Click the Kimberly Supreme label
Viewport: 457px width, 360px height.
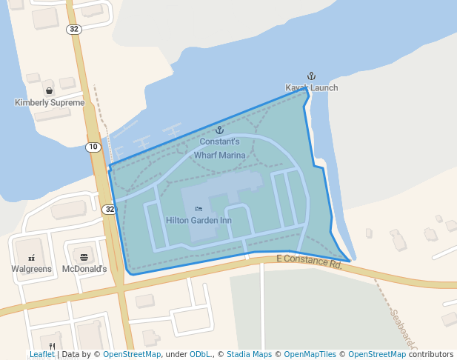pyautogui.click(x=50, y=102)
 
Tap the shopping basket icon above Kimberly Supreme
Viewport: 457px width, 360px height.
pyautogui.click(x=49, y=91)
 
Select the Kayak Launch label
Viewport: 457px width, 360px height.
pyautogui.click(x=312, y=87)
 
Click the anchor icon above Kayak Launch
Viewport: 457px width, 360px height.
pyautogui.click(x=312, y=76)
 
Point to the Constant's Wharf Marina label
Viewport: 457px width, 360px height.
pyautogui.click(x=219, y=148)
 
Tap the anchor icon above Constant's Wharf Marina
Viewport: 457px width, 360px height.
pyautogui.click(x=219, y=130)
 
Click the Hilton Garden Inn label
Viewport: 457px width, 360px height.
pyautogui.click(x=199, y=220)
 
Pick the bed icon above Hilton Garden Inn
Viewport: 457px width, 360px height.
pyautogui.click(x=198, y=209)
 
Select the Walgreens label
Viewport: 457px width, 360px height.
pyautogui.click(x=31, y=268)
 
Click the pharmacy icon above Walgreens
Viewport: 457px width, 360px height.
pyautogui.click(x=31, y=257)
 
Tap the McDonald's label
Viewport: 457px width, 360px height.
pyautogui.click(x=84, y=268)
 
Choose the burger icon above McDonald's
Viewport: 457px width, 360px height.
pyautogui.click(x=84, y=257)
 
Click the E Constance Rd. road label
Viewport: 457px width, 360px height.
pyautogui.click(x=309, y=260)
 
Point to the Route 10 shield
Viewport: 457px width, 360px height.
pyautogui.click(x=93, y=147)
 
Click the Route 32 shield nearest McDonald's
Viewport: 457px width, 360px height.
pyautogui.click(x=109, y=209)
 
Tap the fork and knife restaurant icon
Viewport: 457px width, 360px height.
pyautogui.click(x=52, y=345)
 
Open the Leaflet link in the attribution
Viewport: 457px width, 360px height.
pyautogui.click(x=42, y=355)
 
